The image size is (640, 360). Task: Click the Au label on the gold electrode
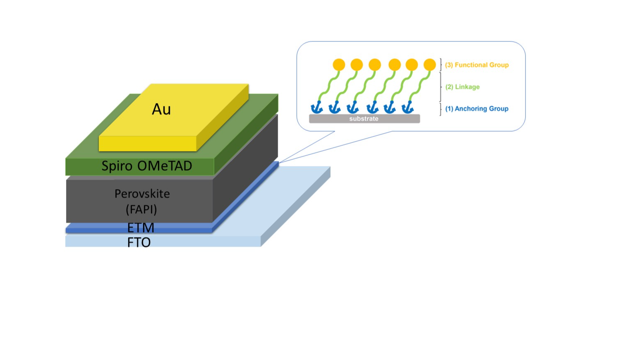click(161, 109)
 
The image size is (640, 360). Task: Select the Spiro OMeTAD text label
click(147, 166)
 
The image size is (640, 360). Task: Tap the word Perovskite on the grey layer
click(142, 194)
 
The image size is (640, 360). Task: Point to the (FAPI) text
click(141, 209)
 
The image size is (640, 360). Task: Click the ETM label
click(141, 228)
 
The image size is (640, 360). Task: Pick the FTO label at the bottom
click(139, 242)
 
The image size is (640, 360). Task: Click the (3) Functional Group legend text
click(477, 65)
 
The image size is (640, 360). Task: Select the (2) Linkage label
click(463, 87)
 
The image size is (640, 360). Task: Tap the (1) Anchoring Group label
click(477, 109)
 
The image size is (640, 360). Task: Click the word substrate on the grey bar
click(364, 119)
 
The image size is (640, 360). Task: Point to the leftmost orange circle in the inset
click(339, 65)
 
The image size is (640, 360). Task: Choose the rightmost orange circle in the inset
click(430, 65)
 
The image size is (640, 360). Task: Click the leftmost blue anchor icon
click(316, 108)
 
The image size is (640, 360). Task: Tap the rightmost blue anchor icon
click(408, 108)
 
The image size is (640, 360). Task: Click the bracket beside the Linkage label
click(441, 87)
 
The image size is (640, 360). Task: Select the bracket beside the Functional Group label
click(441, 65)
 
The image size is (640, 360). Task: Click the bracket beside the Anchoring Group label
click(441, 109)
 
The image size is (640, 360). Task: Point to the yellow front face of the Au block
click(147, 144)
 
